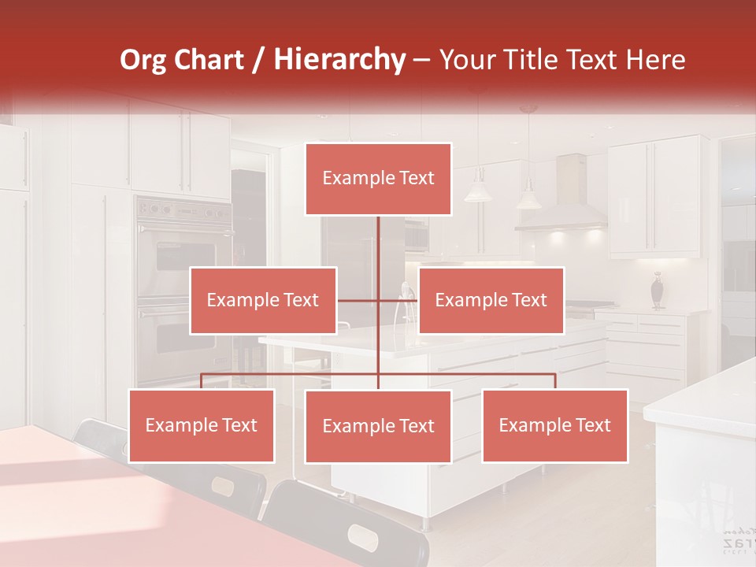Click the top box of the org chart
pos(378,179)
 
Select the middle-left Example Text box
pos(263,300)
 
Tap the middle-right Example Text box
pos(491,300)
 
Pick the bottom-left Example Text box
pos(202,425)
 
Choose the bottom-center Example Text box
pos(378,426)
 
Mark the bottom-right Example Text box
pos(554,425)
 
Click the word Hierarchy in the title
pos(339,59)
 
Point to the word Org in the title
pos(144,59)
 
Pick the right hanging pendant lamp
pos(528,195)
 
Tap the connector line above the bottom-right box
pos(555,380)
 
